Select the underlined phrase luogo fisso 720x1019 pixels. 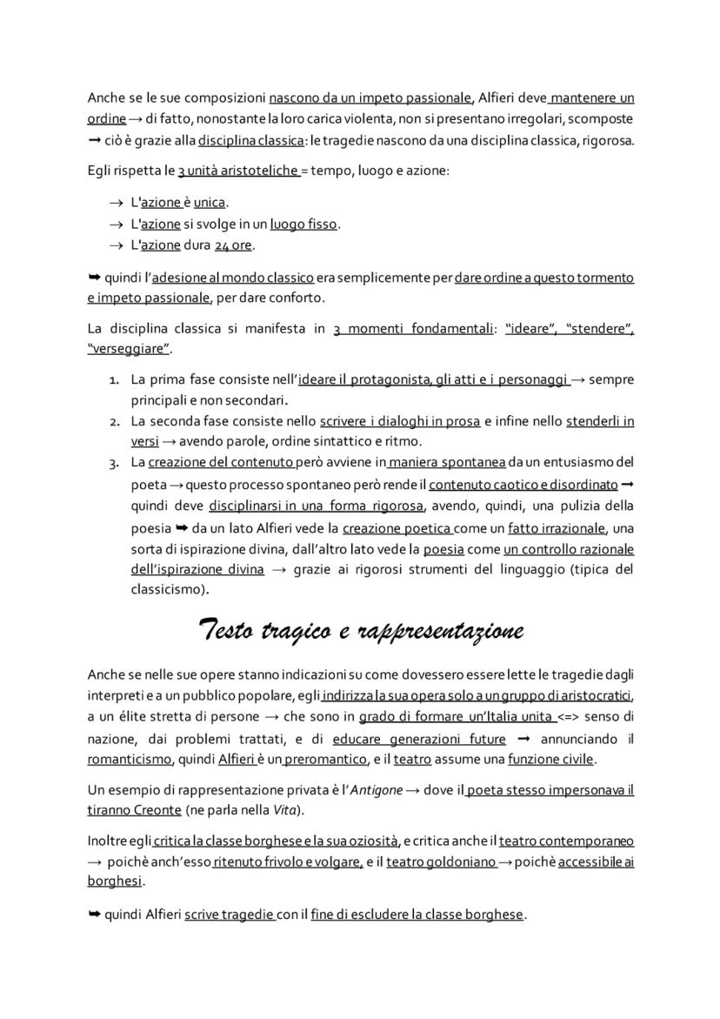[x=303, y=225]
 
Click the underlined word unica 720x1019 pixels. [x=209, y=203]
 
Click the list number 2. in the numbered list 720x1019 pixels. [x=114, y=421]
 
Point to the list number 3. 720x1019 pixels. [x=114, y=463]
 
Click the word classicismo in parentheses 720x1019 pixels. [x=169, y=589]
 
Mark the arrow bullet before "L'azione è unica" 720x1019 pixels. [x=117, y=203]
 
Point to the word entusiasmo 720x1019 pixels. [x=576, y=461]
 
